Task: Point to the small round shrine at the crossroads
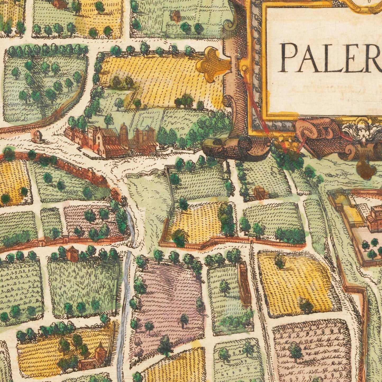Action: pos(37,136)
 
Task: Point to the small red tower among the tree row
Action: pos(72,253)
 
